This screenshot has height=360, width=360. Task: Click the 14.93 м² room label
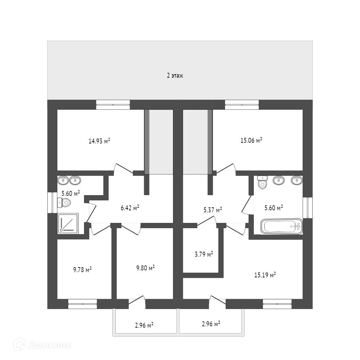click(99, 141)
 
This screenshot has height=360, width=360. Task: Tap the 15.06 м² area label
click(251, 140)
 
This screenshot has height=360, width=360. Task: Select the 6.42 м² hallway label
click(130, 208)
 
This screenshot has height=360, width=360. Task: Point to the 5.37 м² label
click(213, 210)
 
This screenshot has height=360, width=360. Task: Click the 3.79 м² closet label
click(204, 254)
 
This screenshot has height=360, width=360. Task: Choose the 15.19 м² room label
click(265, 275)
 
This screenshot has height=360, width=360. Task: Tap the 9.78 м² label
click(83, 270)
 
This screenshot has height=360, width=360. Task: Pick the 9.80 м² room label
click(146, 268)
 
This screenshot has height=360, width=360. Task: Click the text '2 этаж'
click(175, 75)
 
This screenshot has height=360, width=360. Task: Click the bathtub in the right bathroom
click(281, 226)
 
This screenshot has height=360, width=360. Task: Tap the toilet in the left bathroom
click(64, 202)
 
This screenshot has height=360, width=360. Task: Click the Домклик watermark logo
click(42, 345)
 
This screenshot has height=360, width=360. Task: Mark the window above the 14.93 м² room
click(113, 104)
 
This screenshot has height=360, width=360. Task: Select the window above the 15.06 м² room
click(242, 104)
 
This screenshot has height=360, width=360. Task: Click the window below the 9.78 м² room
click(82, 304)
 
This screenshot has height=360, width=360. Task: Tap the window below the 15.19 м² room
click(277, 304)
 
